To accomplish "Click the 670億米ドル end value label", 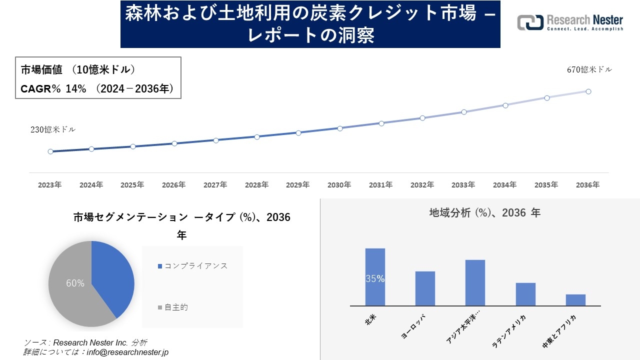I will tap(589, 70).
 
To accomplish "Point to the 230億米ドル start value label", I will tap(53, 129).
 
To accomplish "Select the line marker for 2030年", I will tap(339, 128).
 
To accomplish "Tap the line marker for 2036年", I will tap(588, 91).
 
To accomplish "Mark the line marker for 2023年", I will tap(50, 151).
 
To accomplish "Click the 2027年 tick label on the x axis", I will tap(215, 185).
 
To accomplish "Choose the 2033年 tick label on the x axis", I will tap(463, 185).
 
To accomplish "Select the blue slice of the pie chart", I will tap(112, 275).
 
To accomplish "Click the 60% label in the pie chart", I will tap(75, 283).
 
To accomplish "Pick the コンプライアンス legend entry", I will tap(192, 266).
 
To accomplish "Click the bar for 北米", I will tap(375, 277).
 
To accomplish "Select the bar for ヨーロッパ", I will tap(425, 288).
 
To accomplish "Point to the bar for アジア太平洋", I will tap(475, 282).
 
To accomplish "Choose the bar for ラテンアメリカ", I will tap(525, 294).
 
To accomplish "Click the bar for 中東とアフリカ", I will tap(575, 300).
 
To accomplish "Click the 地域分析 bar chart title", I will tap(484, 213).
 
